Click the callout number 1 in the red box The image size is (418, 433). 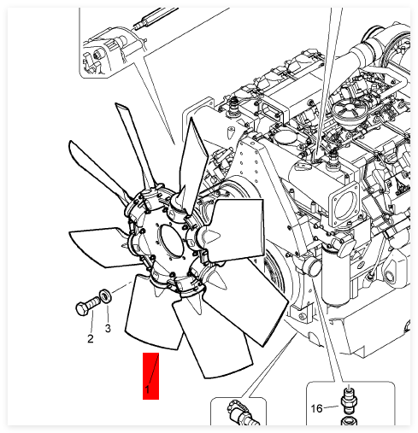[147, 389]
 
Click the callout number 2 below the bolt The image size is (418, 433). [91, 339]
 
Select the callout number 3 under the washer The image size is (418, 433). [108, 329]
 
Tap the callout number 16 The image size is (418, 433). [316, 408]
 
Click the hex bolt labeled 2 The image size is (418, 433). [88, 306]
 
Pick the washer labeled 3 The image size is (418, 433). [105, 296]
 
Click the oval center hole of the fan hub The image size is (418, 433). [171, 240]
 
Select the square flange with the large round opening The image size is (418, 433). [344, 204]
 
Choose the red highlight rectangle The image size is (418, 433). [150, 376]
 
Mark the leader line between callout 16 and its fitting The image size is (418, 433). [332, 407]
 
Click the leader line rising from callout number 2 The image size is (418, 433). [92, 324]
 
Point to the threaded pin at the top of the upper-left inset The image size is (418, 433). [155, 18]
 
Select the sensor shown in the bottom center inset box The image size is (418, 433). [242, 413]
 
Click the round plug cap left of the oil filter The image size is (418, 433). [312, 267]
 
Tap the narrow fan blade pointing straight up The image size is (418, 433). [135, 145]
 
